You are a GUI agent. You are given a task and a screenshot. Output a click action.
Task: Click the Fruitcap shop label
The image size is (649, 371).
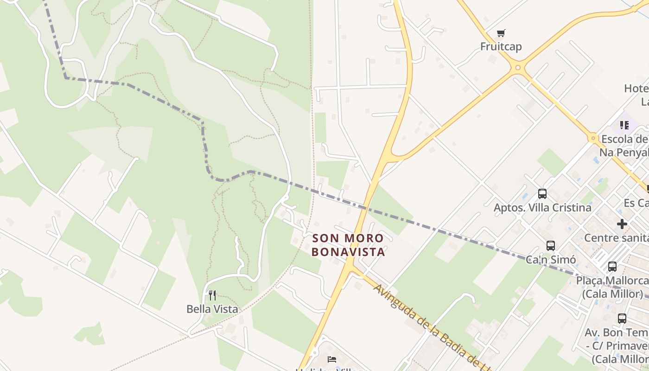pos(501,46)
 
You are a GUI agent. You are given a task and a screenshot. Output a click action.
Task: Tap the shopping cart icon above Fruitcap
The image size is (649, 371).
pos(501,33)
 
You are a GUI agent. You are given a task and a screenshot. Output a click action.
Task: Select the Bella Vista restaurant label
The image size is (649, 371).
pos(212,309)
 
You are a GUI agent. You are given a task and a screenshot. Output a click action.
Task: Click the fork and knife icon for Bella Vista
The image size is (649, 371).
pos(212,295)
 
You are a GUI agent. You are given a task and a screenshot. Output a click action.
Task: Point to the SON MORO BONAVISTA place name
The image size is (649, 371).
pos(348,245)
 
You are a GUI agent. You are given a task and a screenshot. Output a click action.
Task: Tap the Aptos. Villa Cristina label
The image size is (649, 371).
pos(542,207)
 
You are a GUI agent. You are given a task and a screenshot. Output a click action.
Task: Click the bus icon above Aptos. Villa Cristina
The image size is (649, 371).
pos(542,193)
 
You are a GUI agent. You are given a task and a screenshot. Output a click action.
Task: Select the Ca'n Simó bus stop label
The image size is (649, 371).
pos(550,260)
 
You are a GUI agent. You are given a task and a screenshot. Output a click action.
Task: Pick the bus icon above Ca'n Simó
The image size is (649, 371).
pos(550,245)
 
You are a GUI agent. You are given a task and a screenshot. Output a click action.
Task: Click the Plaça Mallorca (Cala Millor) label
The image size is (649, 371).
pos(612,287)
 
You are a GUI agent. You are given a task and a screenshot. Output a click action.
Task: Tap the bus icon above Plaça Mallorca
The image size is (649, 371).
pos(612,267)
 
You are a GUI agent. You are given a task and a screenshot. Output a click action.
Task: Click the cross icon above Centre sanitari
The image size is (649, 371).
pos(622,224)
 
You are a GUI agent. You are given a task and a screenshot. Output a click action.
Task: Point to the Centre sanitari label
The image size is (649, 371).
pos(616,238)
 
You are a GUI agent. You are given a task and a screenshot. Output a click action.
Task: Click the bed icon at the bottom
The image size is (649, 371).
pos(332,359)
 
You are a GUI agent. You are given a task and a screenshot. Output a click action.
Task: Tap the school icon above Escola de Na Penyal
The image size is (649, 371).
pos(624,125)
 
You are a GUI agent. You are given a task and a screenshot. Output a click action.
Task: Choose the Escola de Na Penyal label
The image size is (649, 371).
pos(624,146)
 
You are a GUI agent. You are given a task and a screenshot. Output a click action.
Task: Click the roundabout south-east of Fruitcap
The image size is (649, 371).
pos(518,68)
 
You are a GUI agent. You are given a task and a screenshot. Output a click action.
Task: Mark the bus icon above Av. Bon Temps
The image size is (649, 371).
pos(622,319)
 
